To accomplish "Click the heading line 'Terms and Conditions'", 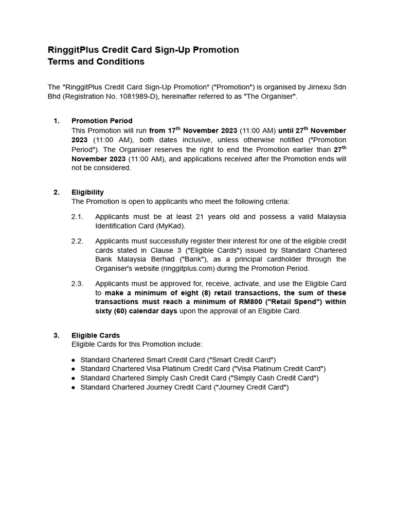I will tap(96, 62).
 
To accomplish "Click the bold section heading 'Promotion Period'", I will tap(102, 121).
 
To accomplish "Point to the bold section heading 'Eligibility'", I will tap(87, 192).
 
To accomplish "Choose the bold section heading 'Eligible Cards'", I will tap(96, 335).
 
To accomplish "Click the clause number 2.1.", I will tap(77, 217).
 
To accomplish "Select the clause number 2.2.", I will tap(77, 241).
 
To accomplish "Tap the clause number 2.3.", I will tap(77, 284).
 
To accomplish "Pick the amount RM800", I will tap(249, 302).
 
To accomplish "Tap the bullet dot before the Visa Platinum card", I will tap(74, 369).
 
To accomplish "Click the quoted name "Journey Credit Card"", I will tap(251, 387).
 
